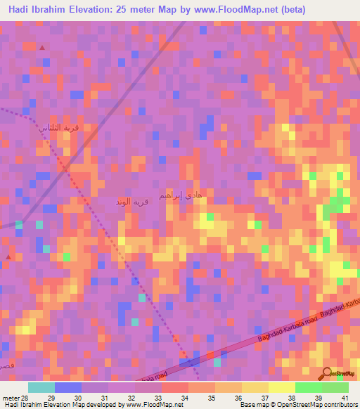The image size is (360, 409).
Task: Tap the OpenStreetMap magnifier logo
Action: pyautogui.click(x=328, y=374)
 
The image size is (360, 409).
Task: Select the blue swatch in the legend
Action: pyautogui.click(x=68, y=387)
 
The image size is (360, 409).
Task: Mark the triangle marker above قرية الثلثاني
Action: pyautogui.click(x=42, y=47)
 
